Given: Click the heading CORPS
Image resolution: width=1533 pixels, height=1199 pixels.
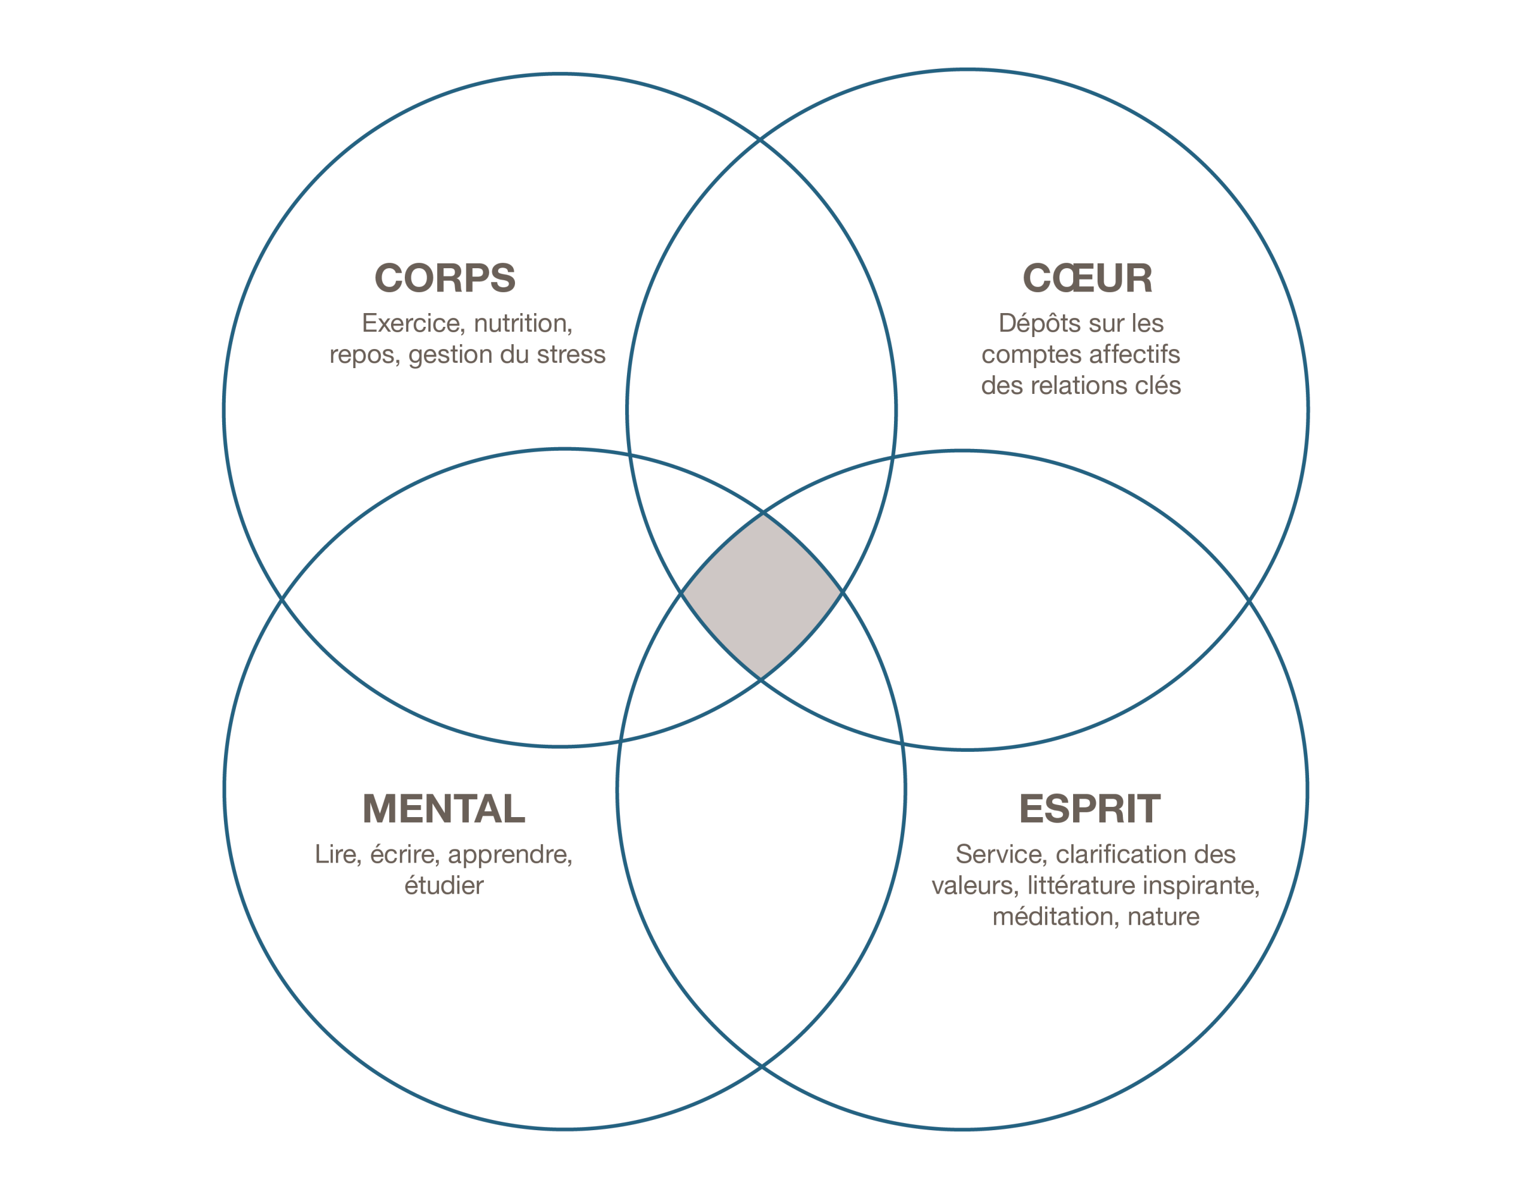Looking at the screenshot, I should click(x=444, y=278).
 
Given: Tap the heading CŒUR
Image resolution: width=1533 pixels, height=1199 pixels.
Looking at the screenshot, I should click(x=1087, y=278).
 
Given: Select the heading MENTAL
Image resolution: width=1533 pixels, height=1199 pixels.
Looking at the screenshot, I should click(x=444, y=809).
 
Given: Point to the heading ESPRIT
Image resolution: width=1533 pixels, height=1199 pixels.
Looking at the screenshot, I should click(x=1089, y=809).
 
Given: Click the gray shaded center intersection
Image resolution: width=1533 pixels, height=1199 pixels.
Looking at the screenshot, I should click(x=762, y=597).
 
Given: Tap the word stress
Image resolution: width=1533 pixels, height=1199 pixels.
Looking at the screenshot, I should click(x=571, y=354).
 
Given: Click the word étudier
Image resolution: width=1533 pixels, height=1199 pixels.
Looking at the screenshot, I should click(x=444, y=885).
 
